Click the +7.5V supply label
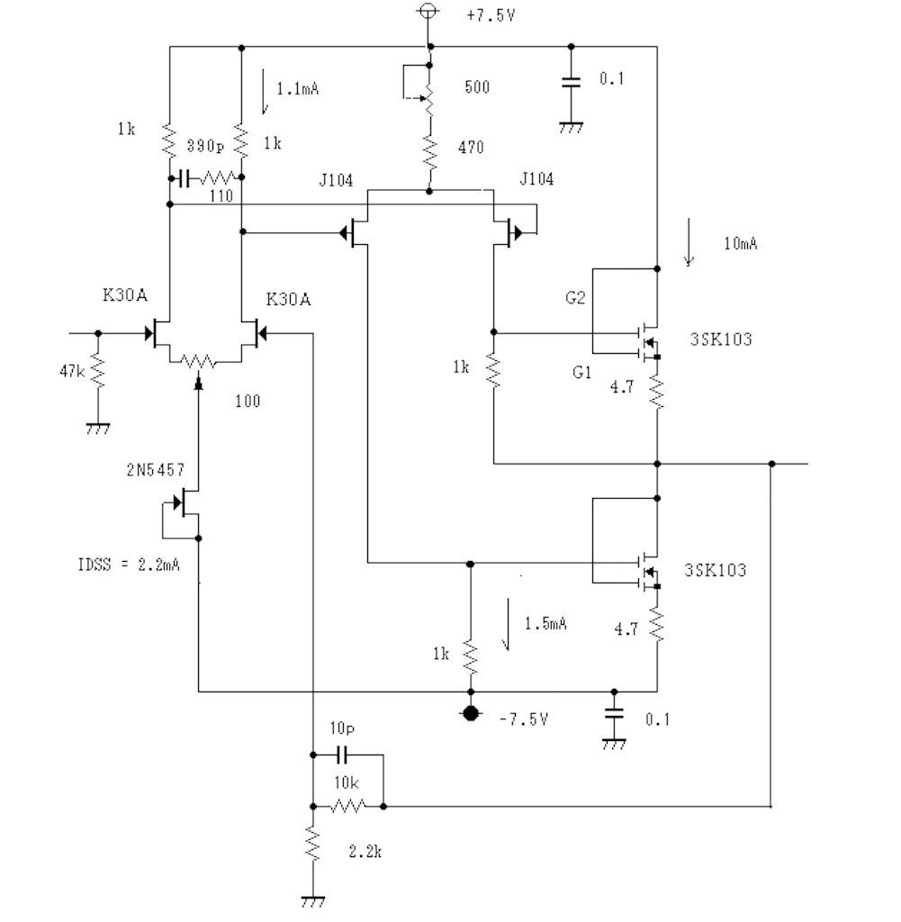pyautogui.click(x=491, y=15)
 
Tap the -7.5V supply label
pyautogui.click(x=524, y=719)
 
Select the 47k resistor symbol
pyautogui.click(x=97, y=370)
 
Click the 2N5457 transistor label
pyautogui.click(x=155, y=470)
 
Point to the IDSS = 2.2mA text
pyautogui.click(x=129, y=565)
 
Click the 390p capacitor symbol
pyautogui.click(x=184, y=177)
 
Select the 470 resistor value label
pyautogui.click(x=471, y=147)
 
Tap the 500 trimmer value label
pyautogui.click(x=477, y=87)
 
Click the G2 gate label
pyautogui.click(x=575, y=298)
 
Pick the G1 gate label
pyautogui.click(x=581, y=372)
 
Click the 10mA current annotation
pyautogui.click(x=741, y=243)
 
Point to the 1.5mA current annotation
pyautogui.click(x=545, y=623)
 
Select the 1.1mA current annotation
pyautogui.click(x=297, y=89)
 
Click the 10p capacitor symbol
pyautogui.click(x=343, y=755)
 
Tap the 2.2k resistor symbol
pyautogui.click(x=312, y=844)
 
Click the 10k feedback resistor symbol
pyautogui.click(x=348, y=806)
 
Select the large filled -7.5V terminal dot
pyautogui.click(x=470, y=714)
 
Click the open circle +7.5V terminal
pyautogui.click(x=428, y=10)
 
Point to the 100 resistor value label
pyautogui.click(x=248, y=401)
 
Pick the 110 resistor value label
pyautogui.click(x=221, y=195)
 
